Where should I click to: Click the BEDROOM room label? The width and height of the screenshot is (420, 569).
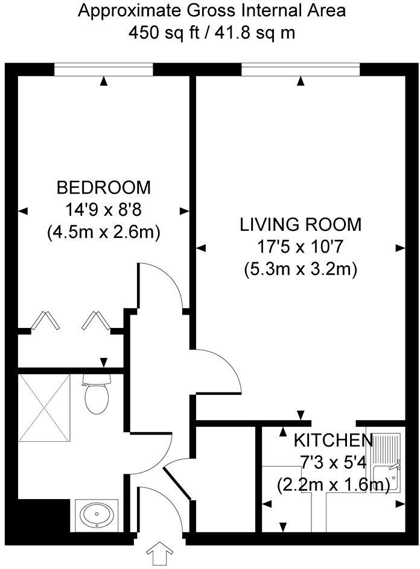coord(103,187)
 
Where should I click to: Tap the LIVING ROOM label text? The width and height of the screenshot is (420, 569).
coord(301,225)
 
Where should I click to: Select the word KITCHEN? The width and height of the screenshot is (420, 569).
coord(334,441)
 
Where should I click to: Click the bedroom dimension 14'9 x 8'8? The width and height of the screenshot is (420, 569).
coord(103,210)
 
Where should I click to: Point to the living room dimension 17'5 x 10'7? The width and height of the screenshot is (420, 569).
coord(301,247)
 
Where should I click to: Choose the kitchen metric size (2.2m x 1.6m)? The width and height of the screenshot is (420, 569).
coord(334,484)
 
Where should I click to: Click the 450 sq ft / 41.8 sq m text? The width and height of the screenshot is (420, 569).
coord(212,32)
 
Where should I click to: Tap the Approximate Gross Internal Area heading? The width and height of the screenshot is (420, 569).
coord(212,11)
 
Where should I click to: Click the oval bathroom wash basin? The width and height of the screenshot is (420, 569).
coord(97,515)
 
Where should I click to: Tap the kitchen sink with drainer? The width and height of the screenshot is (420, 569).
coord(383,464)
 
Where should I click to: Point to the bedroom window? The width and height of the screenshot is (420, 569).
coord(103,71)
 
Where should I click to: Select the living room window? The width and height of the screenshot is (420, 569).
coord(301,71)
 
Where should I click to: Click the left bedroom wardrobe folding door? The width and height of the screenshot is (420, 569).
coord(46,321)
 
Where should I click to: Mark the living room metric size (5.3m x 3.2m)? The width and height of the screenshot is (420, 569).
coord(301,269)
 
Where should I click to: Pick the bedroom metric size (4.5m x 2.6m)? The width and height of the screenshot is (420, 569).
coord(103,233)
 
